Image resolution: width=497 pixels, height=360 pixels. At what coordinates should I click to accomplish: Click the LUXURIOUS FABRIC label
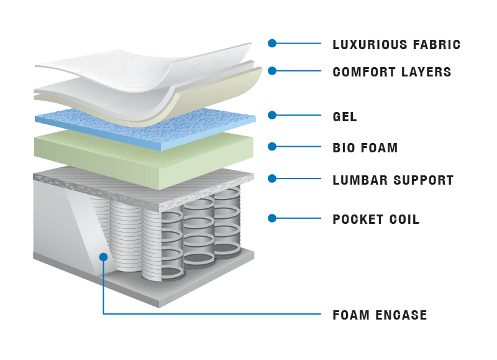(x=396, y=45)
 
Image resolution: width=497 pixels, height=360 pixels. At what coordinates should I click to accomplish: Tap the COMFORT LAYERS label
(x=392, y=72)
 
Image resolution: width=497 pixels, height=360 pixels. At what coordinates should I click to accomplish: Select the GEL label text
(x=345, y=116)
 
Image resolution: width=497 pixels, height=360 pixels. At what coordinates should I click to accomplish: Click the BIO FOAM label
(x=365, y=148)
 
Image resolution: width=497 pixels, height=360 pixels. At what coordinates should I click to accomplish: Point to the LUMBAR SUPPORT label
(x=393, y=180)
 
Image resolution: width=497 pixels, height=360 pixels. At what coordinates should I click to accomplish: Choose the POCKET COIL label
(x=376, y=219)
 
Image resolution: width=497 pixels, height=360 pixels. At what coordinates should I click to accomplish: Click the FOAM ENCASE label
(x=380, y=315)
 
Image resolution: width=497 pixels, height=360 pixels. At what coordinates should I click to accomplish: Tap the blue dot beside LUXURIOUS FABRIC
(x=272, y=43)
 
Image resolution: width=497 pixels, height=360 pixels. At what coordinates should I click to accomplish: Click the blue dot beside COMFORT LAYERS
(x=272, y=71)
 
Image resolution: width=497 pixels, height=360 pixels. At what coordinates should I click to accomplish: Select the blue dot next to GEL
(x=272, y=115)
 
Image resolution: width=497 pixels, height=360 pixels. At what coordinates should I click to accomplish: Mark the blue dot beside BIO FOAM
(x=272, y=147)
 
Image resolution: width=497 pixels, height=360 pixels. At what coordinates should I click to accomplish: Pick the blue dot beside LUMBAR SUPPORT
(x=272, y=178)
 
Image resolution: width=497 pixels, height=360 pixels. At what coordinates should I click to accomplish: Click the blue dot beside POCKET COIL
(x=272, y=218)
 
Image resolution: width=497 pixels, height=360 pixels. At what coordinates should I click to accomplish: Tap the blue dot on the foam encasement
(x=103, y=256)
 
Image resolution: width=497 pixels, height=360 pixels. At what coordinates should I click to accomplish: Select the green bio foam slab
(x=143, y=152)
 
